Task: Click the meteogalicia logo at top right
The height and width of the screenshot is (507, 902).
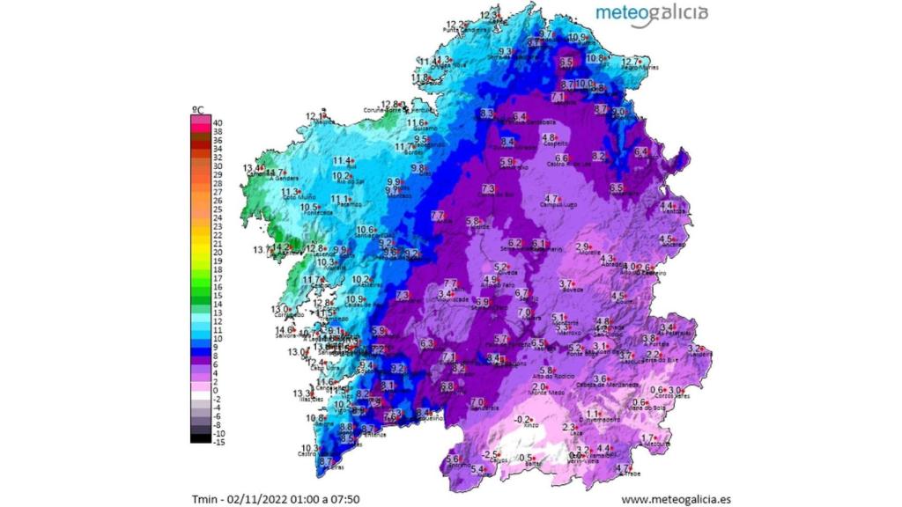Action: tap(651, 13)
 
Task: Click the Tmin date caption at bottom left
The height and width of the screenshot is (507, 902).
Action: tap(275, 499)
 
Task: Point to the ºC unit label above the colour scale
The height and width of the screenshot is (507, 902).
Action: tap(198, 109)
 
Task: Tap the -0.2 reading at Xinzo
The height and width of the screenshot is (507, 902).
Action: tap(524, 419)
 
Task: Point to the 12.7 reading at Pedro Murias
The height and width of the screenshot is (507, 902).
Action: tap(631, 61)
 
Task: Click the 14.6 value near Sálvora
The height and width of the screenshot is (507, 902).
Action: tap(285, 330)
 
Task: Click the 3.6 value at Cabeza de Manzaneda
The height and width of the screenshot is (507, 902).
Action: tap(600, 378)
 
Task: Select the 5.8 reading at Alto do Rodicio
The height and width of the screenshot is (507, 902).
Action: tap(546, 371)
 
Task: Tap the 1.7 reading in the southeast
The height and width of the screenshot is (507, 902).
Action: tap(647, 438)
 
